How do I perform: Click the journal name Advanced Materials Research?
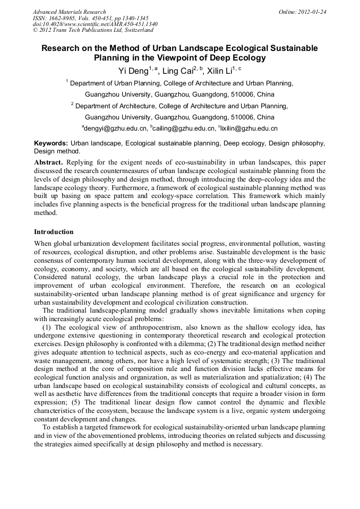coord(69,12)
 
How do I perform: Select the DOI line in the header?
coord(95,24)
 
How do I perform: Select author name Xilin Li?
coord(219,71)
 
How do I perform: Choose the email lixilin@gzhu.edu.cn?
coord(247,128)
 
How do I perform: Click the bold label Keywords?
coord(51,143)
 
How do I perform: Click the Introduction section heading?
coord(54,232)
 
